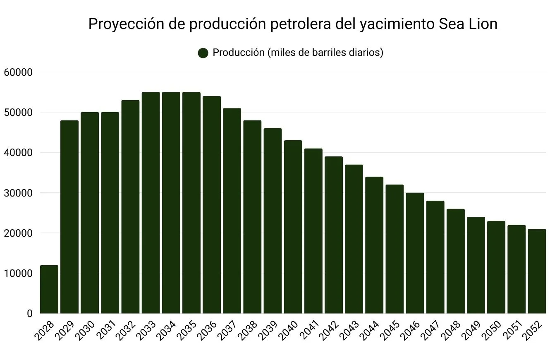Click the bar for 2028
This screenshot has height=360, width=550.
click(x=49, y=289)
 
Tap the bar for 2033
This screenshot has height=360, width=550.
click(x=151, y=203)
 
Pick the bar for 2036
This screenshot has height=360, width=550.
click(x=211, y=205)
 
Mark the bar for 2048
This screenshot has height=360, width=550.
click(x=455, y=261)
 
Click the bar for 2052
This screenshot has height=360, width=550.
click(x=537, y=271)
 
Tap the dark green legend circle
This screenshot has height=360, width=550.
click(x=203, y=53)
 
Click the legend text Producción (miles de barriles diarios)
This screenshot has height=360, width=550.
click(x=298, y=53)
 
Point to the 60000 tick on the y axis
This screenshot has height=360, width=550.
click(x=18, y=72)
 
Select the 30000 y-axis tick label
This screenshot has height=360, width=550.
click(x=18, y=193)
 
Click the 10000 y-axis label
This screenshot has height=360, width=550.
click(x=18, y=274)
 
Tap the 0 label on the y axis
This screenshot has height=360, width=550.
click(x=29, y=314)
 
